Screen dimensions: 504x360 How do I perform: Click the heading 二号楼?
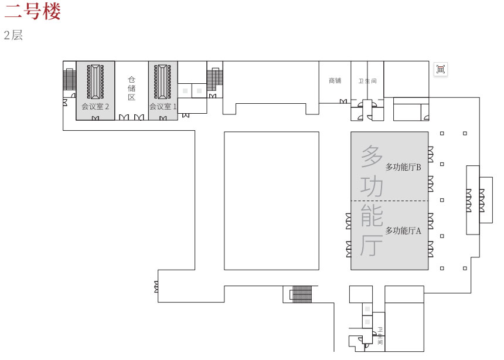click(x=32, y=11)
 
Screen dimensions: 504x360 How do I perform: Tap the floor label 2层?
click(x=13, y=35)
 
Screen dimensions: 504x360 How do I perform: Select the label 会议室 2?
click(x=95, y=107)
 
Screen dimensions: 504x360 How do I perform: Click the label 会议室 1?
click(x=163, y=107)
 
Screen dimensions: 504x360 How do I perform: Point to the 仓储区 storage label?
click(x=132, y=88)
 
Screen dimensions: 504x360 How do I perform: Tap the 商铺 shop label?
click(x=335, y=80)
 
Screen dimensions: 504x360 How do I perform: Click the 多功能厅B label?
click(x=403, y=167)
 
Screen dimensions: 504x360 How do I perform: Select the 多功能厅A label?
click(x=403, y=230)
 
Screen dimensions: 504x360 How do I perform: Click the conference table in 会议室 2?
click(x=96, y=81)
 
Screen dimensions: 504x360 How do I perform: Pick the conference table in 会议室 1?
click(x=163, y=81)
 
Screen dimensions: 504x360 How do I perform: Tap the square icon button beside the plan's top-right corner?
click(x=440, y=69)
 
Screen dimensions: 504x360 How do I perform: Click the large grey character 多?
click(x=372, y=156)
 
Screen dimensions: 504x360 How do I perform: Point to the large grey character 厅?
click(x=372, y=245)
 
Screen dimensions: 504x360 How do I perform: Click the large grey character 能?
click(x=372, y=215)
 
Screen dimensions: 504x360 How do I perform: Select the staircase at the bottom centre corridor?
click(x=301, y=294)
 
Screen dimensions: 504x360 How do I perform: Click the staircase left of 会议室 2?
click(x=69, y=79)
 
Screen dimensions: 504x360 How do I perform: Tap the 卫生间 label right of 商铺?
click(x=367, y=81)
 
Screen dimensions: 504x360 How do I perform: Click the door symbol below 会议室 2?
click(x=96, y=118)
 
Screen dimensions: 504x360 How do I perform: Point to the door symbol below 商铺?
click(x=343, y=101)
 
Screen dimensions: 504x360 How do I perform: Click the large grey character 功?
click(x=372, y=186)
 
